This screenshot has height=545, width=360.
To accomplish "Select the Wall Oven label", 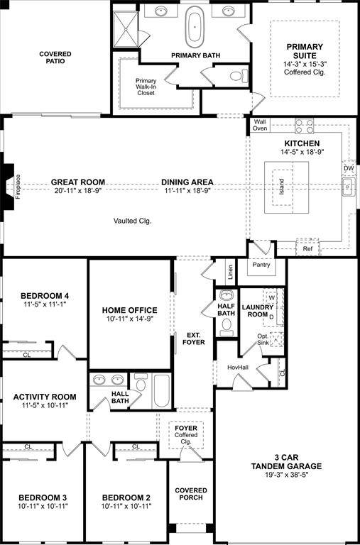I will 260,125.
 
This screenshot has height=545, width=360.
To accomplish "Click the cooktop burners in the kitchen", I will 305,126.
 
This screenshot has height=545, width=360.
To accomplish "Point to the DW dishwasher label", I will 349,168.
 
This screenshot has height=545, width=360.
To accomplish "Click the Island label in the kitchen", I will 282,187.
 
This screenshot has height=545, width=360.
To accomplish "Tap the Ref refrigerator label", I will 307,249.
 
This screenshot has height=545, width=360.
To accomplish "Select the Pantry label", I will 261,265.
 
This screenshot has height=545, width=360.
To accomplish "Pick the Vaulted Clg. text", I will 133,221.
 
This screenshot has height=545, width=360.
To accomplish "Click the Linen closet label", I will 230,271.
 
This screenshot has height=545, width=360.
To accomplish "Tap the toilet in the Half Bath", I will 227,325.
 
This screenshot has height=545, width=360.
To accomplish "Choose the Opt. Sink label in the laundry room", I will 263,338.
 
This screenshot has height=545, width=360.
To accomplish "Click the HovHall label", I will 237,368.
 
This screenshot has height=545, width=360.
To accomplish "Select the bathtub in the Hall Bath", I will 162,390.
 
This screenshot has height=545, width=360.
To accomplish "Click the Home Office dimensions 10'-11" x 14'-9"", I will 129,319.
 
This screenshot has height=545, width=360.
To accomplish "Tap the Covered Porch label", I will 191,495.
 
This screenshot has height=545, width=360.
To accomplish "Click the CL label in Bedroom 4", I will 26,354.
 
